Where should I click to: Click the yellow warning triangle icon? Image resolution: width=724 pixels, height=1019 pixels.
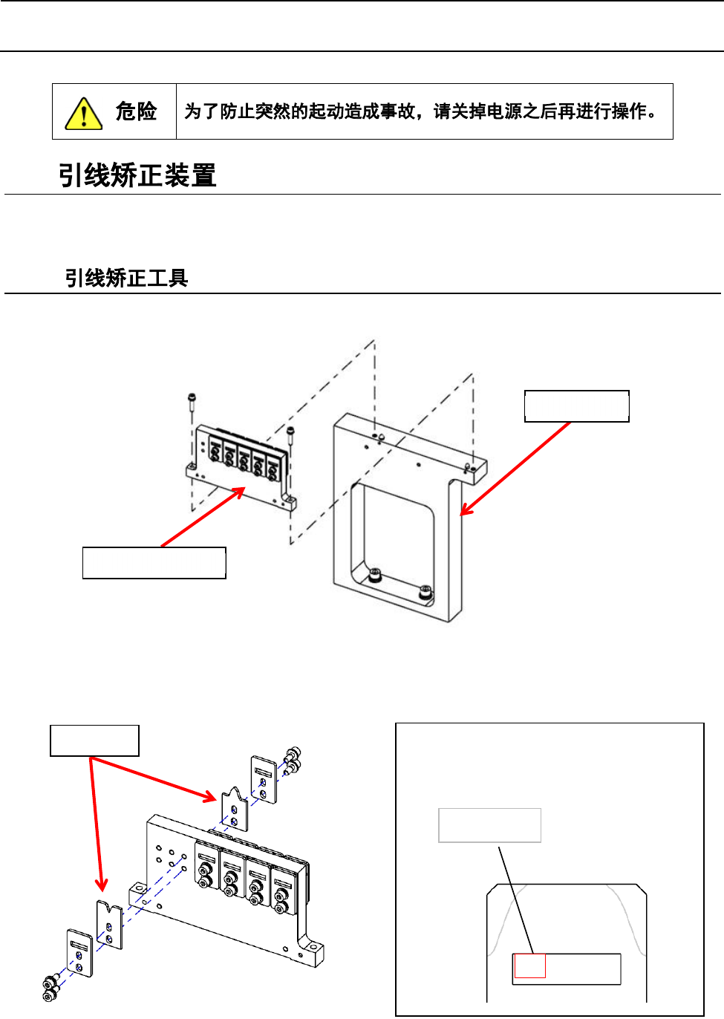pyautogui.click(x=83, y=114)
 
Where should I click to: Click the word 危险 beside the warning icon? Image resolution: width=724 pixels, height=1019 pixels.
pyautogui.click(x=136, y=111)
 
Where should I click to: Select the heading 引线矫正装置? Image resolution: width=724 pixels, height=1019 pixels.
pyautogui.click(x=137, y=176)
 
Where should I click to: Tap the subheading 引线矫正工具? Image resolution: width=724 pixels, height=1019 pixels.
pyautogui.click(x=126, y=279)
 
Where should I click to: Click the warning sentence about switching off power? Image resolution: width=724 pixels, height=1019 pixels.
pyautogui.click(x=420, y=111)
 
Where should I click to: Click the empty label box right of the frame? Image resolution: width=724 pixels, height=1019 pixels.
pyautogui.click(x=576, y=406)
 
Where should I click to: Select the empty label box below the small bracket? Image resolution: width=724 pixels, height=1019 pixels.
pyautogui.click(x=154, y=563)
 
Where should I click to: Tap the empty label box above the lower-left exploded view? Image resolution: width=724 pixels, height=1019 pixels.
pyautogui.click(x=94, y=740)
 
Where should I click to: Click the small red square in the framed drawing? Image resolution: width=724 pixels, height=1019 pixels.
pyautogui.click(x=530, y=966)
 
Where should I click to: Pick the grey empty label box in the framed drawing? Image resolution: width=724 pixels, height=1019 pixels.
pyautogui.click(x=489, y=825)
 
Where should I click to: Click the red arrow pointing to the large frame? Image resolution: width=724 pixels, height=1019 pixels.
pyautogui.click(x=515, y=468)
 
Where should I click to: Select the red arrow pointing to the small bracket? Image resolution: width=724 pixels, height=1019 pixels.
pyautogui.click(x=203, y=517)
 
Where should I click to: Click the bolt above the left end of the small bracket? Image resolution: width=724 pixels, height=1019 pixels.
pyautogui.click(x=192, y=402)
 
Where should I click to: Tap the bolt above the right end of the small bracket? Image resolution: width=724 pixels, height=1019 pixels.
pyautogui.click(x=290, y=433)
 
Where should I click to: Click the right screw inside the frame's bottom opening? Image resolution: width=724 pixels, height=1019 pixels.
pyautogui.click(x=425, y=592)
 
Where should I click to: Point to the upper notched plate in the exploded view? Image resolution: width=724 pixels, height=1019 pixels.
pyautogui.click(x=234, y=809)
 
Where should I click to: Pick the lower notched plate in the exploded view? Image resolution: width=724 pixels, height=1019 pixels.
pyautogui.click(x=109, y=925)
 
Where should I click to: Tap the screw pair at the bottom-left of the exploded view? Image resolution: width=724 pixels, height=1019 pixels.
pyautogui.click(x=50, y=989)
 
